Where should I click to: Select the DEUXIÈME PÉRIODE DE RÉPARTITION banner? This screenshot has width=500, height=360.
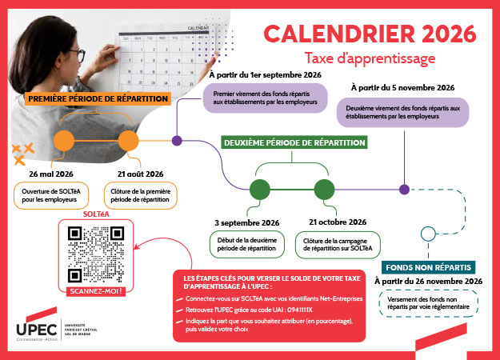click(x=294, y=142)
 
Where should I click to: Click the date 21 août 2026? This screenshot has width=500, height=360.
click(x=134, y=174)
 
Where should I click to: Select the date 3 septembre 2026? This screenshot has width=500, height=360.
click(x=246, y=222)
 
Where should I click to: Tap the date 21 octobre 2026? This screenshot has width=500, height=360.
click(x=337, y=222)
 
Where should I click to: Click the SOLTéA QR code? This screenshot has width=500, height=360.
click(x=94, y=253)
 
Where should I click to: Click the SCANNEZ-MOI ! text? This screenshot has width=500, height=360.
click(x=94, y=291)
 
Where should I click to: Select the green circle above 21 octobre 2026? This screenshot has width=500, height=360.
click(x=324, y=190)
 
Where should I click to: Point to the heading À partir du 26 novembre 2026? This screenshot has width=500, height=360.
click(x=428, y=282)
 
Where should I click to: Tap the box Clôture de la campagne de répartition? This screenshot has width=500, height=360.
click(x=337, y=243)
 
